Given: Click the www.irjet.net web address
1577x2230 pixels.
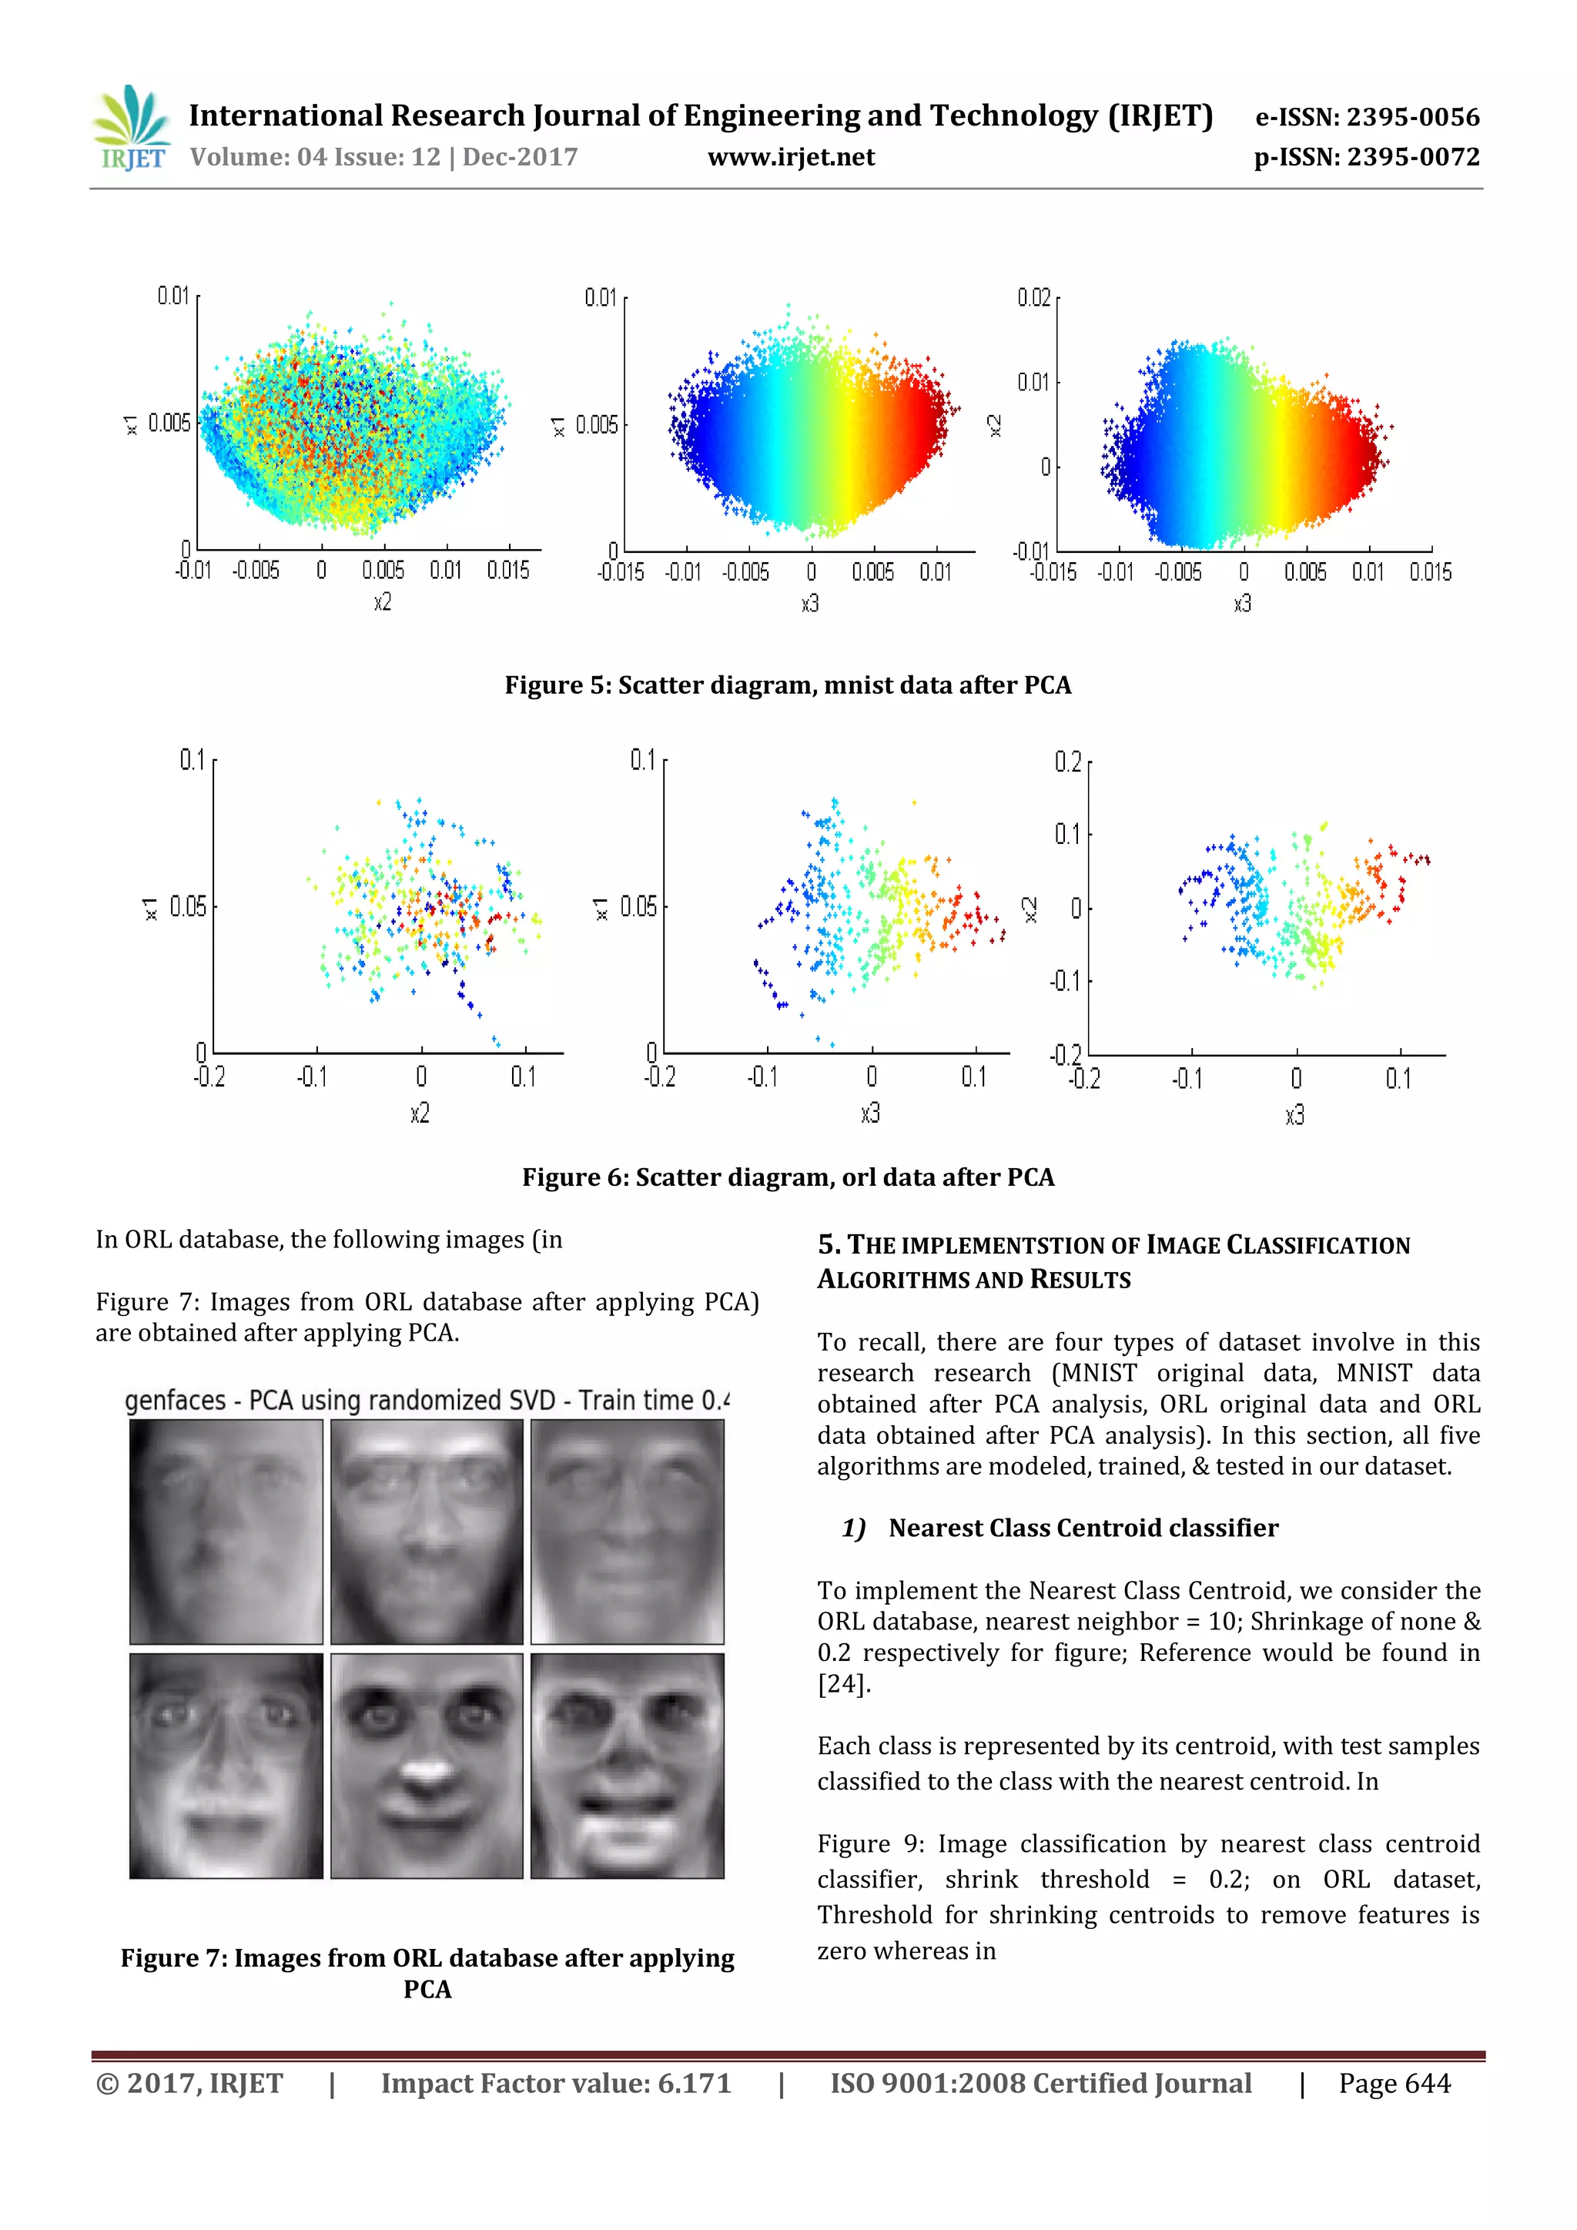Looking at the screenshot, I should point(791,157).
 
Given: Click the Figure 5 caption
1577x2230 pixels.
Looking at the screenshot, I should point(788,685).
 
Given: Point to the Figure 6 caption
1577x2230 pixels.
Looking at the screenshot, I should point(788,1177).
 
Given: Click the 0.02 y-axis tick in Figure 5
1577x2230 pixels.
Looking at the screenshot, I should point(1033,297).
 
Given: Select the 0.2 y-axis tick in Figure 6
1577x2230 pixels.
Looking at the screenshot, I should point(1067,762).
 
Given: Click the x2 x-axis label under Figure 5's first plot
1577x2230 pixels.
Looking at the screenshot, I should point(383,602).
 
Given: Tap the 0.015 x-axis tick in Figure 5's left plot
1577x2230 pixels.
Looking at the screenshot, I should point(508,570).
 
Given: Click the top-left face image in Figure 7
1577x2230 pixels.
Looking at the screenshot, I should point(226,1532).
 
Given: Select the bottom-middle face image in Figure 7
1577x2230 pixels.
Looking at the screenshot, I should point(427,1766).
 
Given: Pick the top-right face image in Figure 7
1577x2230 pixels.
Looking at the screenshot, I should point(628,1532).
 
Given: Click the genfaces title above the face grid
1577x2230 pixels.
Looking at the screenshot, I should point(427,1401).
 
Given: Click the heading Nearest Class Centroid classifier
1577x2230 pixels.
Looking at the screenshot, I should point(1083,1529).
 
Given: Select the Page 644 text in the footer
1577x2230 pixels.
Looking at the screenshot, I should point(1394,2084).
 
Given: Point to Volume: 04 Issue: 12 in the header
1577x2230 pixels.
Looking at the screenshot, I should point(383,157).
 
